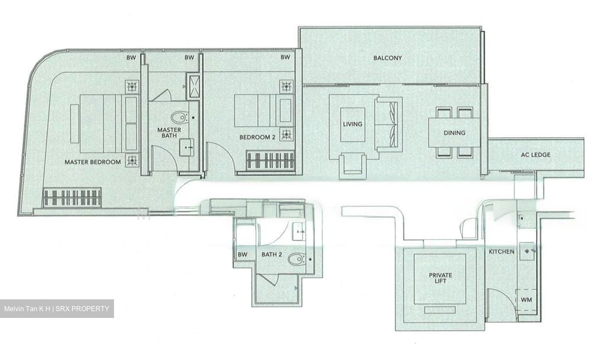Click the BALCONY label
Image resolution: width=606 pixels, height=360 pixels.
388,58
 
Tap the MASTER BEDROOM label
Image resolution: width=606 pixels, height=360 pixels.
93,162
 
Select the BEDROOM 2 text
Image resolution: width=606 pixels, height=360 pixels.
257,137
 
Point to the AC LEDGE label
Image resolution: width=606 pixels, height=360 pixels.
535,155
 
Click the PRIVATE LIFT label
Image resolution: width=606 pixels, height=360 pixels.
440,278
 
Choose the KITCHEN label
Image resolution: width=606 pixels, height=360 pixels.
501,252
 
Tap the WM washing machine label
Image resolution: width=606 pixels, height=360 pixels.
526,300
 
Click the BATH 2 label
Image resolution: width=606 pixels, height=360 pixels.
271,254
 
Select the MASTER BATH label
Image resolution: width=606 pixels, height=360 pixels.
169,133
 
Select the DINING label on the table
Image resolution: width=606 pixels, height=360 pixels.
454,133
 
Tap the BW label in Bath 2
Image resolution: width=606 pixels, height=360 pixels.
242,254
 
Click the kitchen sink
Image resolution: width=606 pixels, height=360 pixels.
529,251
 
